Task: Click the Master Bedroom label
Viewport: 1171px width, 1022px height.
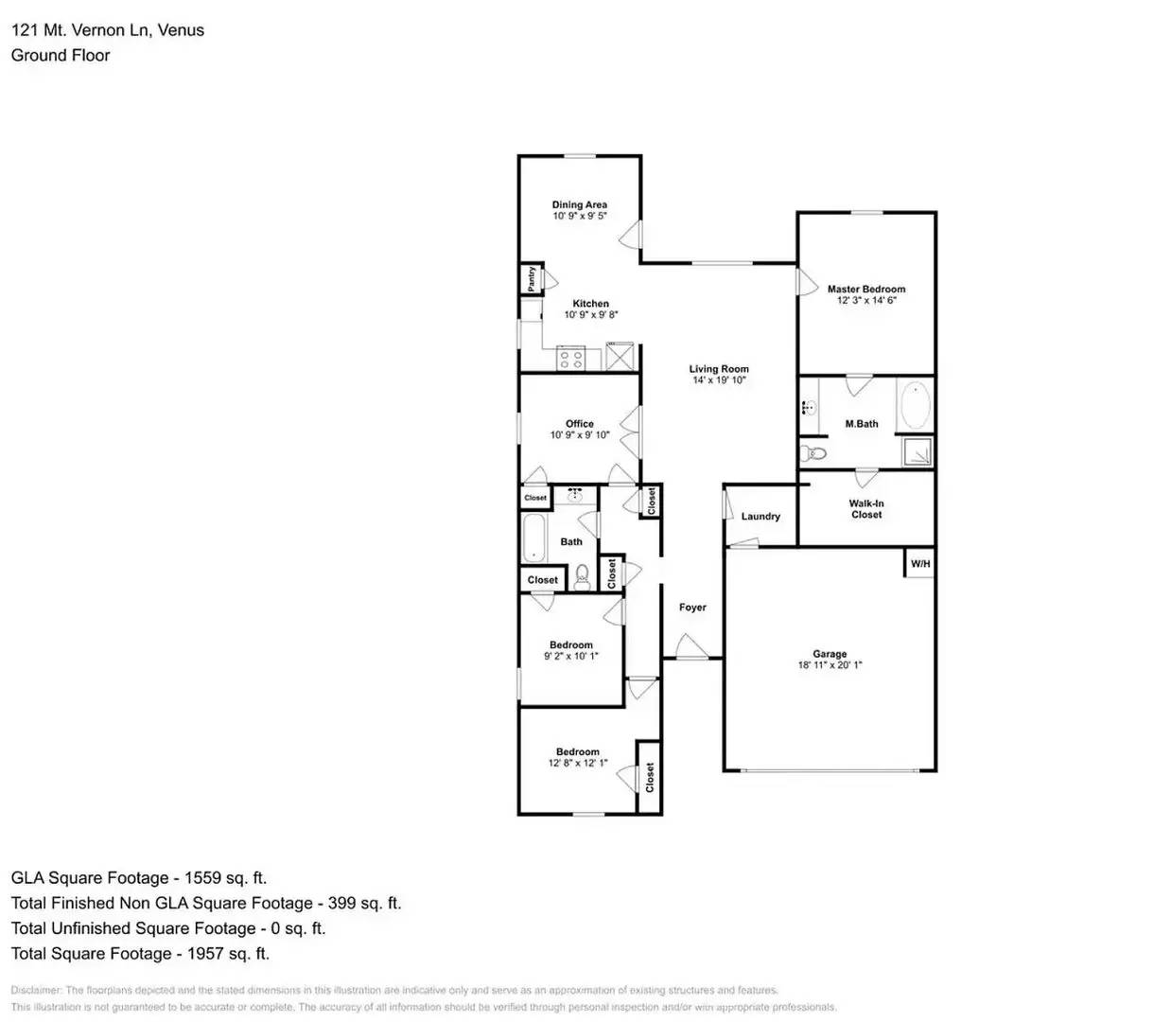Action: (x=865, y=290)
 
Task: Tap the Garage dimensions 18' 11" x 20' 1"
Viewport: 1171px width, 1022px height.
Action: (x=830, y=665)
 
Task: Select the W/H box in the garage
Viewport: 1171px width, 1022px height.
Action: (x=919, y=564)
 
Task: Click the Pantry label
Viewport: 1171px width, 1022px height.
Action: (x=532, y=278)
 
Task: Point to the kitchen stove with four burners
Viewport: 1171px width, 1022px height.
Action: (x=570, y=359)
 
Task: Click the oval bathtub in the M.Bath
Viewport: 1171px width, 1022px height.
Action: (x=914, y=406)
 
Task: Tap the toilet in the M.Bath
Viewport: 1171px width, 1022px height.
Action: (x=812, y=454)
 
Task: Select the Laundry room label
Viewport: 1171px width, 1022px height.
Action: (x=760, y=517)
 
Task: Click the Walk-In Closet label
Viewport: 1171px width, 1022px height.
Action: (x=865, y=509)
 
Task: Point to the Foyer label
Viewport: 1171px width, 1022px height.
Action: (x=692, y=608)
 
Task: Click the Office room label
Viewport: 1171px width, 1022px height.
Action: (x=580, y=424)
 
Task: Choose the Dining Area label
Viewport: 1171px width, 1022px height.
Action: (x=580, y=204)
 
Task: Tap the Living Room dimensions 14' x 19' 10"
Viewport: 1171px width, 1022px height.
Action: (x=719, y=380)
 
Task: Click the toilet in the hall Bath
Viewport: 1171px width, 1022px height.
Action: (x=583, y=576)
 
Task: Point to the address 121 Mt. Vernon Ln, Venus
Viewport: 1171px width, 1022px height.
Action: (x=108, y=30)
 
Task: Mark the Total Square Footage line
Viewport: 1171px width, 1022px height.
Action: (x=140, y=954)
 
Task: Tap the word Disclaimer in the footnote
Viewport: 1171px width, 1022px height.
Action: (x=36, y=990)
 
